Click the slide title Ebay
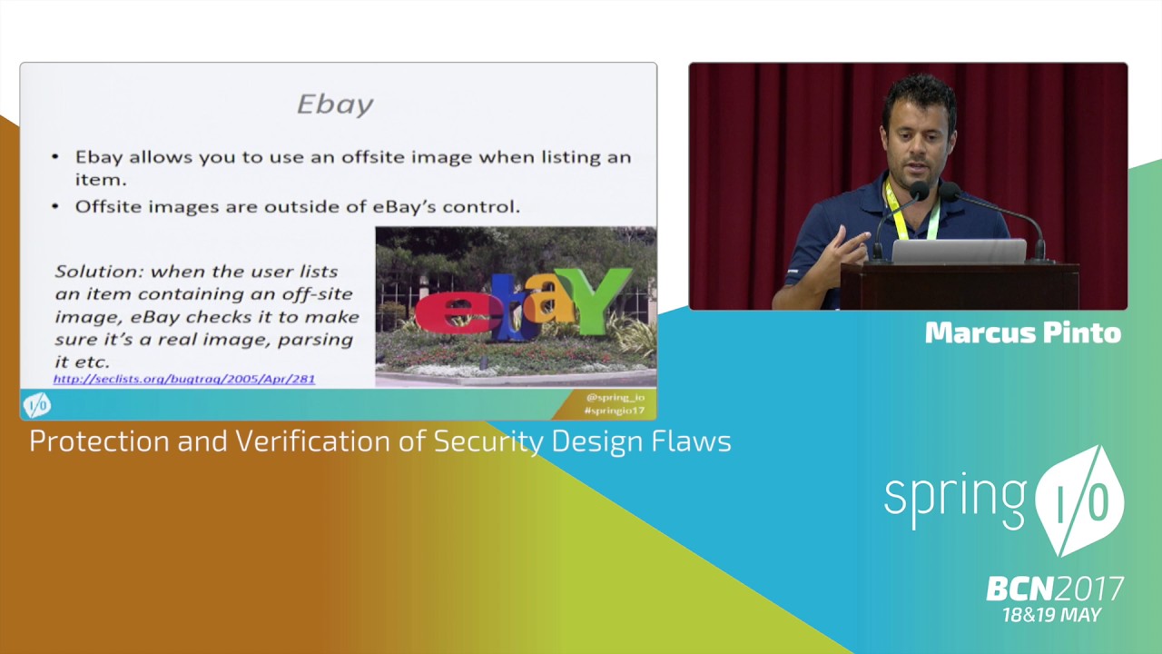(335, 104)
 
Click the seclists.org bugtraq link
(183, 378)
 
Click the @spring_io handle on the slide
(615, 397)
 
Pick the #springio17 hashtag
(615, 411)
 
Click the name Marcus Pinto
(1022, 333)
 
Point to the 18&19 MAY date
(1051, 615)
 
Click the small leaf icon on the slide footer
(36, 404)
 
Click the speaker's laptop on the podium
(959, 251)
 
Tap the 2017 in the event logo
(1089, 590)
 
